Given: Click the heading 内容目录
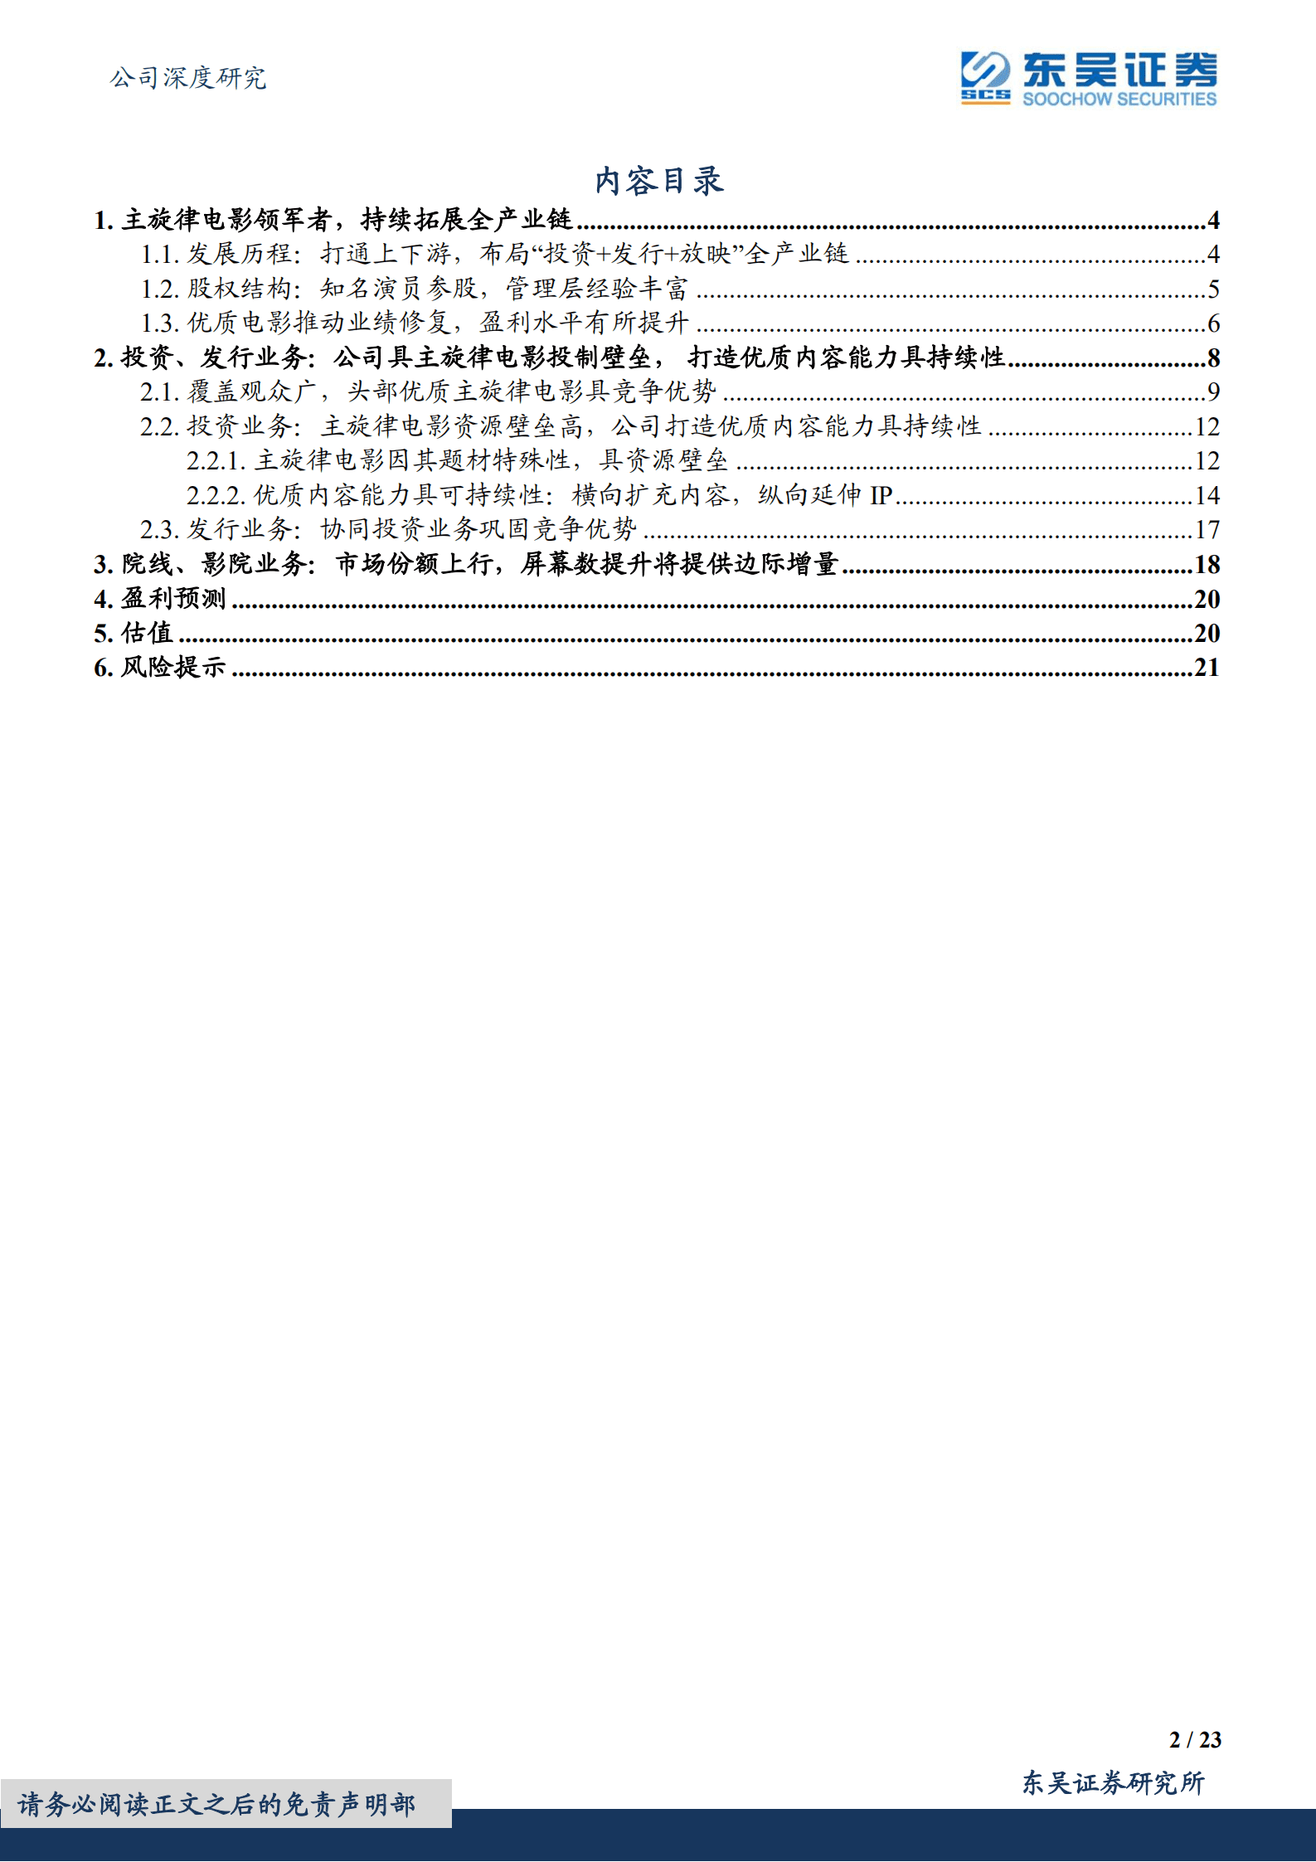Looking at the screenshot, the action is (x=659, y=181).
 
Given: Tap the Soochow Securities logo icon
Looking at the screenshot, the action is (x=985, y=77).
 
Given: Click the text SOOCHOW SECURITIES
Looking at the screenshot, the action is (x=1119, y=100).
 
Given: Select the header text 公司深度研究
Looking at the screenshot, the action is (x=188, y=78).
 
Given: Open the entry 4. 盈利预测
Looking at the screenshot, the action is (x=160, y=599).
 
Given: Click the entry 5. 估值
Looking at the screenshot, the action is (x=134, y=634).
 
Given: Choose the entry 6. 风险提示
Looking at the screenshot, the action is (x=160, y=668).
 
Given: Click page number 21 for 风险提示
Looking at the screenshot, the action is (x=1207, y=668).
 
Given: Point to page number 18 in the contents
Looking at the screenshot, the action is (x=1207, y=565).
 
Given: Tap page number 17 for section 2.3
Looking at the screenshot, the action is (x=1207, y=530).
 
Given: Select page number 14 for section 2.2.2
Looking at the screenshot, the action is (x=1207, y=496).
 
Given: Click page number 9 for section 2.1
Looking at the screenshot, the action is (x=1213, y=392).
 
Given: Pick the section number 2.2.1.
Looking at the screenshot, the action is (x=216, y=461).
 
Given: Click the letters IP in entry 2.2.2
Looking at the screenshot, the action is (x=881, y=496).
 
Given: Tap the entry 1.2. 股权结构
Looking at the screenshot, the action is (x=415, y=289).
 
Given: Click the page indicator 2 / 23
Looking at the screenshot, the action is (x=1195, y=1740).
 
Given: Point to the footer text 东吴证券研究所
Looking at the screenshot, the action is (x=1113, y=1782).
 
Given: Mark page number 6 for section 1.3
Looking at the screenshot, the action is (x=1213, y=323).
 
